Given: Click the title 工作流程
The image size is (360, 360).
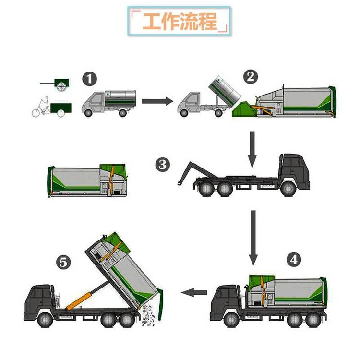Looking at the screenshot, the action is (x=180, y=21).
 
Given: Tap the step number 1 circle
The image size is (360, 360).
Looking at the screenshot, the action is (x=90, y=79).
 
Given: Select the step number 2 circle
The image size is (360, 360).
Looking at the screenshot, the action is (x=251, y=77).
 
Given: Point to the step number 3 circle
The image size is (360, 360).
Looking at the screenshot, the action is (x=163, y=165).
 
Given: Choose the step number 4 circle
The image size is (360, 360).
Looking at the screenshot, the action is (x=294, y=260).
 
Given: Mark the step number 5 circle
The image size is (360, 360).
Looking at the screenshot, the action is (x=63, y=262).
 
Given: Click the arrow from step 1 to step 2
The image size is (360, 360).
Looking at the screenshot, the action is (x=157, y=101).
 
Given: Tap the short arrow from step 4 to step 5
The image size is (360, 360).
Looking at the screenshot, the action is (x=194, y=292).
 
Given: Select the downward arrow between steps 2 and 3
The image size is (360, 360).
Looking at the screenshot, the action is (x=252, y=150).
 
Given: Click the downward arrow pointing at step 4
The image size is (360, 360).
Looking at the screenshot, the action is (x=253, y=238).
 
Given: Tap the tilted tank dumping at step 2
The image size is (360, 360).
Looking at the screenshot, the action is (x=225, y=88).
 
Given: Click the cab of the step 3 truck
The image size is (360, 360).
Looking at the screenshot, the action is (x=294, y=170).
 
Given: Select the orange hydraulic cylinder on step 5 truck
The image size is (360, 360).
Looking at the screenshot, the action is (x=79, y=301).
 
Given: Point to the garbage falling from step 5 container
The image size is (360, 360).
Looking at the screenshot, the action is (x=148, y=315).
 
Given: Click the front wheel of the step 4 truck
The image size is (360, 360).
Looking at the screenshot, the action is (x=231, y=320).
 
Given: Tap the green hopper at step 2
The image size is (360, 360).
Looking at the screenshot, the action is (x=243, y=109).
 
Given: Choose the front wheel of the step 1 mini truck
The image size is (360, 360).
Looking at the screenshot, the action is (x=88, y=113).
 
